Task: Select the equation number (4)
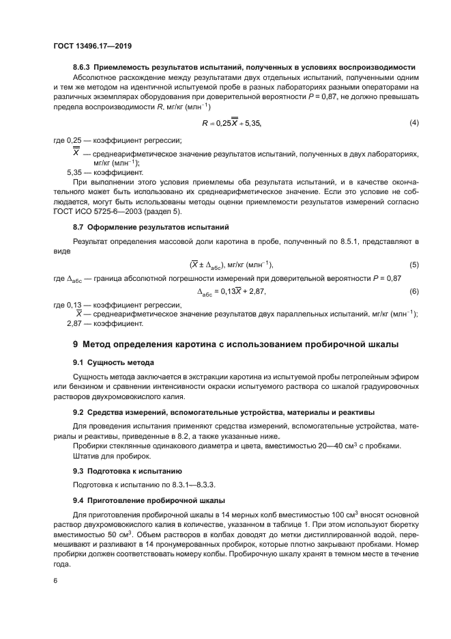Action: pyautogui.click(x=413, y=122)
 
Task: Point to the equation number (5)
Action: pyautogui.click(x=413, y=264)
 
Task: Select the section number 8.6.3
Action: pyautogui.click(x=82, y=67)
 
